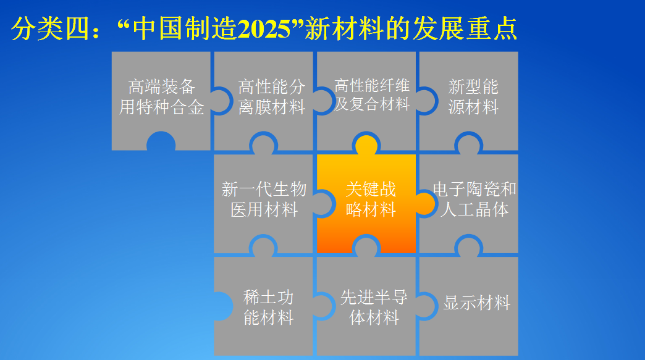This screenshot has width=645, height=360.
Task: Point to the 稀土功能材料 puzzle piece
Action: [x=268, y=308]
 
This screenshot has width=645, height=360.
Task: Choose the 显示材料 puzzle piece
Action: [x=476, y=303]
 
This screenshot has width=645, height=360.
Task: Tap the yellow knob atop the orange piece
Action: [x=366, y=145]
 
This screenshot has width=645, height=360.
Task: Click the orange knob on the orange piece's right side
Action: [x=425, y=203]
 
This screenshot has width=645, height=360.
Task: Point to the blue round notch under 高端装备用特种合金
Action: [x=161, y=143]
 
